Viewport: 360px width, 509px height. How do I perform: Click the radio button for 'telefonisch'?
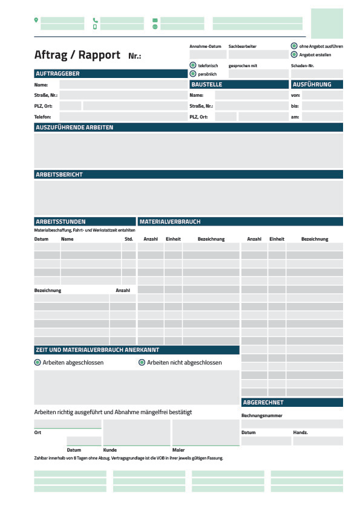tap(193, 65)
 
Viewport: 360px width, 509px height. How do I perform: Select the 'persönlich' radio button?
tap(193, 74)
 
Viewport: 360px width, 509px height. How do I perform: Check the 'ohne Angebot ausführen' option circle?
tap(294, 46)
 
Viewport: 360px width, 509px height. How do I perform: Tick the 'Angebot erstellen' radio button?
tap(294, 54)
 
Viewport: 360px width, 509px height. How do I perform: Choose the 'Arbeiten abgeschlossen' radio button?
tap(38, 363)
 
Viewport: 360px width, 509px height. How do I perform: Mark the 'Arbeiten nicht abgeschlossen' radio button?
tap(142, 363)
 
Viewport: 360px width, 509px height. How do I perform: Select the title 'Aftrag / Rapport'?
tap(77, 55)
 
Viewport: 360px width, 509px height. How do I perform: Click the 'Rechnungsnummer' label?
tap(262, 416)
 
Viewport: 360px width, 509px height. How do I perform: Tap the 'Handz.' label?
tap(301, 433)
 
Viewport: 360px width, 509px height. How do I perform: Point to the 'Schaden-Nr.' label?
tap(303, 65)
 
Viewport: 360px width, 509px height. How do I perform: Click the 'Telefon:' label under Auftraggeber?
tap(43, 116)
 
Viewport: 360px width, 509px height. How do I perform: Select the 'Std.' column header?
tap(129, 239)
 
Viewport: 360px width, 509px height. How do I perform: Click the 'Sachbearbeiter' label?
tap(242, 47)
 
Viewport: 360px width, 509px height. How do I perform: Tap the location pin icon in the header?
tap(36, 20)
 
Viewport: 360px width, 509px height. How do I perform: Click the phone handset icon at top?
tap(95, 20)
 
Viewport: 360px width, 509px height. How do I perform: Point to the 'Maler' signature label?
tap(178, 450)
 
